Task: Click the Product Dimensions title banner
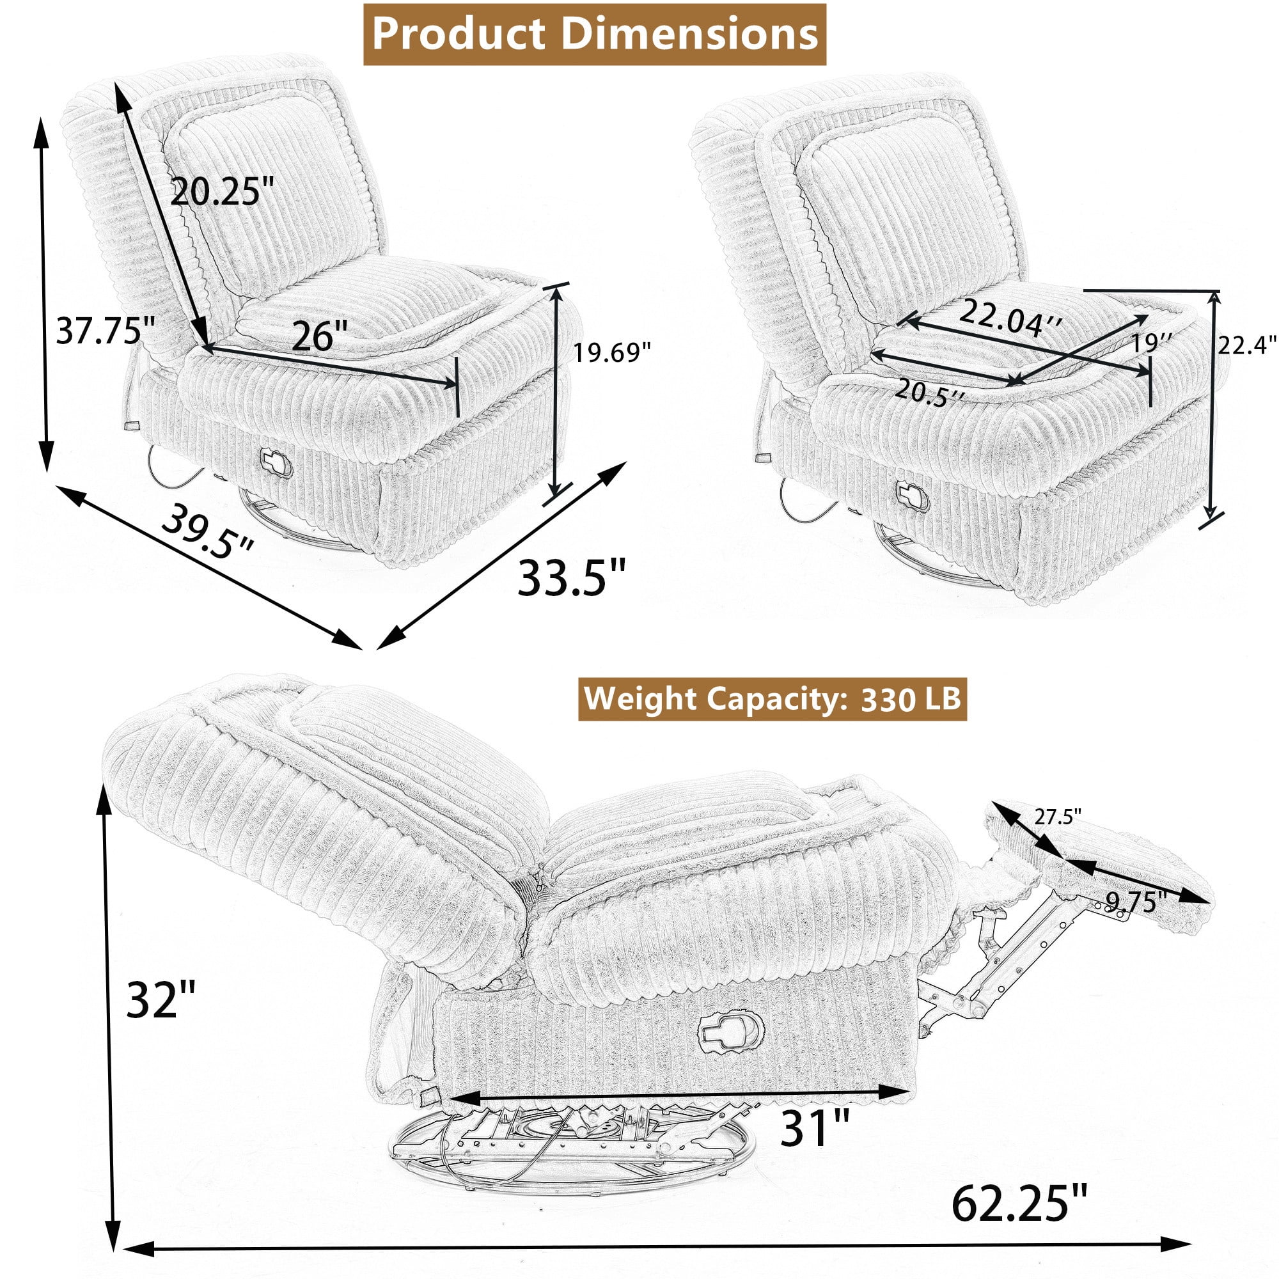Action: coord(595,35)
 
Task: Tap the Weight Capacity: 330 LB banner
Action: coord(773,699)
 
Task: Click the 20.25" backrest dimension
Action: coord(222,192)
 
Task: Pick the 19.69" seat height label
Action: coord(612,352)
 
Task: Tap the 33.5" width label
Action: coord(571,577)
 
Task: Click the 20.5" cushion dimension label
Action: coord(929,393)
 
